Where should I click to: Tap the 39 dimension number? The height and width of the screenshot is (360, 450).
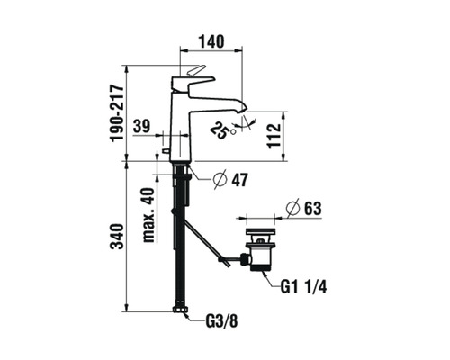click(140, 126)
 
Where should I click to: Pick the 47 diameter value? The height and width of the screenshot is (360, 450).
click(238, 180)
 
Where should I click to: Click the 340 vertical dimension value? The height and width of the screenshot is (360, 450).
click(114, 238)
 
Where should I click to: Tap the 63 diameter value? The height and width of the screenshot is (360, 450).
click(312, 209)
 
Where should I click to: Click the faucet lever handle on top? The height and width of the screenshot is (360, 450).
click(195, 73)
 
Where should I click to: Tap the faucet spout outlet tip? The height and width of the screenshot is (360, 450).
click(240, 109)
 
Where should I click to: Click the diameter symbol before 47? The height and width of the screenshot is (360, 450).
click(220, 180)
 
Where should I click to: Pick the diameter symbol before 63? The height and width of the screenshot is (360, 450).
click(293, 209)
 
